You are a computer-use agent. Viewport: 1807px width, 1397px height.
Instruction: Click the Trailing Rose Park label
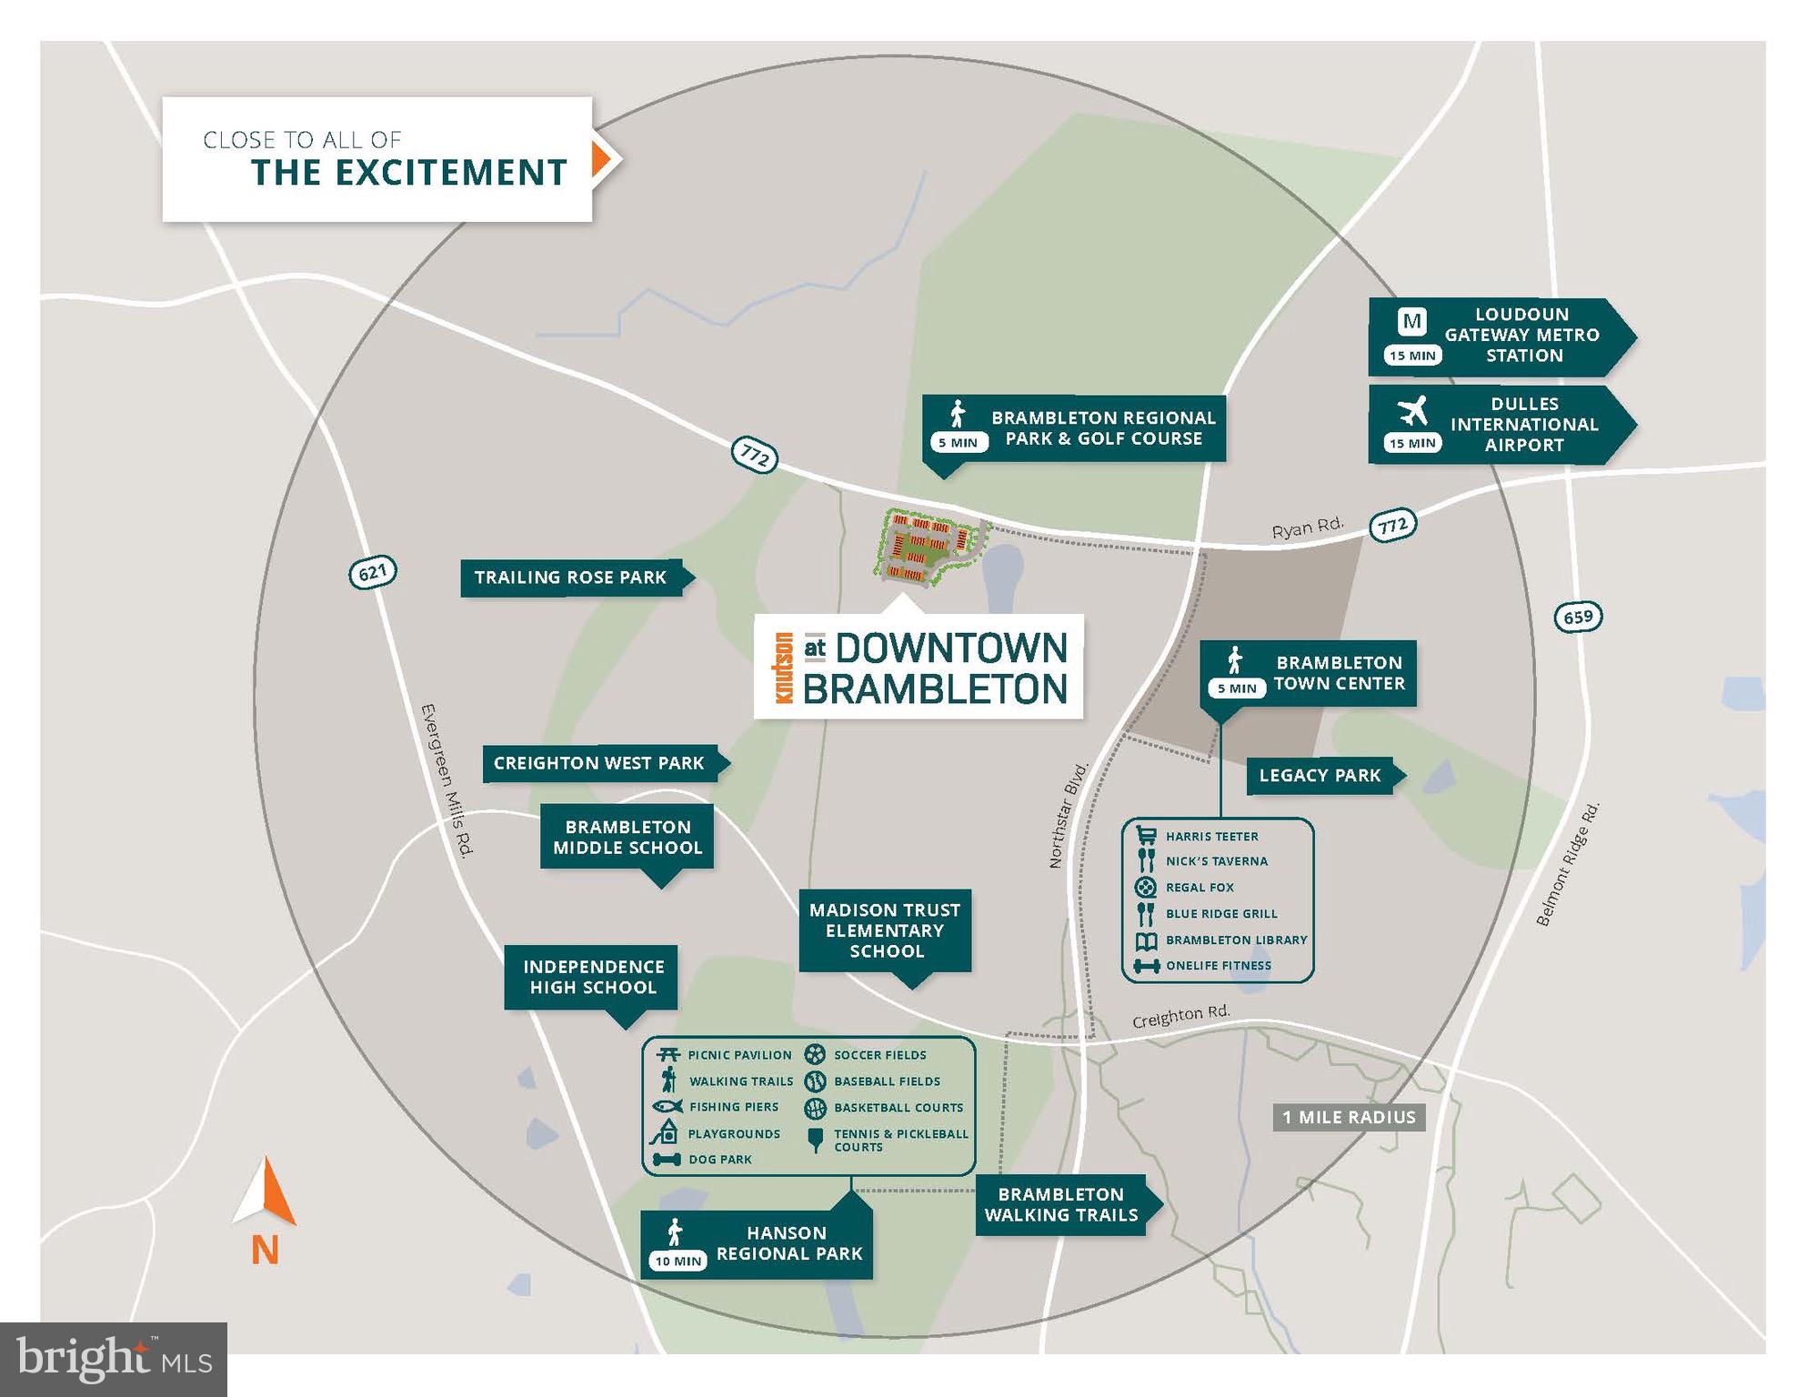click(571, 578)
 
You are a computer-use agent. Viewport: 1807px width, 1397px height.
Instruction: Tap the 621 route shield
click(373, 572)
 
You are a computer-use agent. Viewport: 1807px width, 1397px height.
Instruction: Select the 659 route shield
click(1578, 617)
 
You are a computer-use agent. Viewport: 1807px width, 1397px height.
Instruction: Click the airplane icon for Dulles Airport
click(1412, 410)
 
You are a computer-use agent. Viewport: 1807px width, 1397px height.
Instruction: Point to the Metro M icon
click(1411, 321)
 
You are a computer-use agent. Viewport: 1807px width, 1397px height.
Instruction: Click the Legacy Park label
click(1320, 776)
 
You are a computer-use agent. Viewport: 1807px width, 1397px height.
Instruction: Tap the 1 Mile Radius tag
click(1349, 1118)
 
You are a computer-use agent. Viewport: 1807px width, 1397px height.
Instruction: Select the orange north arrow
click(266, 1191)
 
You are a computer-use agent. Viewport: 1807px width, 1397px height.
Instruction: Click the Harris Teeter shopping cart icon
click(1146, 835)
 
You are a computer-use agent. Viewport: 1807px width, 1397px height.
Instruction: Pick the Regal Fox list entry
click(1200, 888)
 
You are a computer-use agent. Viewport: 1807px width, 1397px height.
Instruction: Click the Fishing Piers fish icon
click(668, 1107)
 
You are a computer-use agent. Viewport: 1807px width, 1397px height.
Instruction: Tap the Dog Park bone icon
click(667, 1160)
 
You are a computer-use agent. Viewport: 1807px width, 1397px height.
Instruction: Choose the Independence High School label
click(593, 978)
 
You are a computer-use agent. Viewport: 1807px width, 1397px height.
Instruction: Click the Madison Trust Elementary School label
click(885, 930)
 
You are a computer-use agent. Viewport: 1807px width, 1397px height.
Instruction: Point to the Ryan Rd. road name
click(1307, 528)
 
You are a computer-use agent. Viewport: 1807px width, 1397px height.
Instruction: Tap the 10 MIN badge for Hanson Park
click(678, 1261)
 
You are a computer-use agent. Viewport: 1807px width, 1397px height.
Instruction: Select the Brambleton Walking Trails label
click(1060, 1205)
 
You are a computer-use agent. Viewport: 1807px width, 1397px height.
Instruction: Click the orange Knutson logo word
click(784, 668)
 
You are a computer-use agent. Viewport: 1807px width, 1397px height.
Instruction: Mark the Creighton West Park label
click(599, 764)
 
